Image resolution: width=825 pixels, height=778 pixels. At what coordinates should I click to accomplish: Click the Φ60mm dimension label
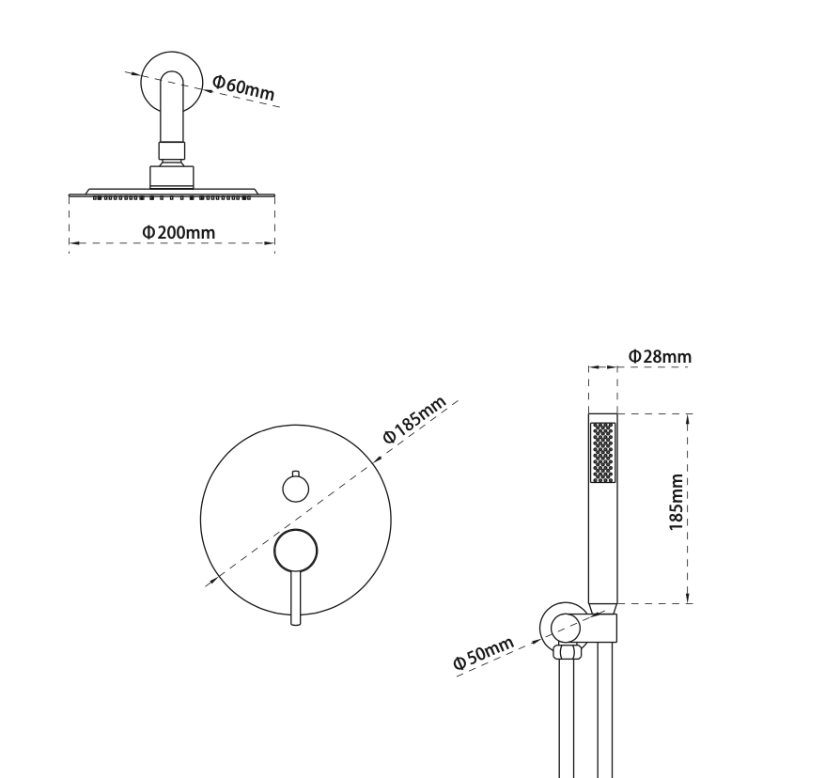242,87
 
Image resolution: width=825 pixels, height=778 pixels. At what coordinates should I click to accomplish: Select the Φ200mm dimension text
178,231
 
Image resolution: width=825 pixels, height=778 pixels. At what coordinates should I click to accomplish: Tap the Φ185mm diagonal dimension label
413,420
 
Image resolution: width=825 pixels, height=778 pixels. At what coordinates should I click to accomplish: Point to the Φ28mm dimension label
660,356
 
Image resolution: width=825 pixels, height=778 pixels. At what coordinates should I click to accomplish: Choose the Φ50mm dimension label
484,653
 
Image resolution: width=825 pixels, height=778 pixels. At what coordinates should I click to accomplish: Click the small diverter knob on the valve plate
296,489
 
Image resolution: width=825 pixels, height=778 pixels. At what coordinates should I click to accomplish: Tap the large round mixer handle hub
296,550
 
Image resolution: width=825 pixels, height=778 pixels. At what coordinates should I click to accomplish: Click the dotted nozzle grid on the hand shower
602,453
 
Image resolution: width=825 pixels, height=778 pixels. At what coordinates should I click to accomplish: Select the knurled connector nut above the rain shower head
171,149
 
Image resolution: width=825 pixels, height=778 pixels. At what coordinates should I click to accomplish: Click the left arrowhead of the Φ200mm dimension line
73,243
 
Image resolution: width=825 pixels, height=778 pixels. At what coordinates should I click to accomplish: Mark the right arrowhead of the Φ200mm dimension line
271,243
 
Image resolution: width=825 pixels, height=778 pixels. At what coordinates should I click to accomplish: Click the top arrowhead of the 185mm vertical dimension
689,417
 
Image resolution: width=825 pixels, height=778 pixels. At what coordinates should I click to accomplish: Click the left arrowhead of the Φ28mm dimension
592,367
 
